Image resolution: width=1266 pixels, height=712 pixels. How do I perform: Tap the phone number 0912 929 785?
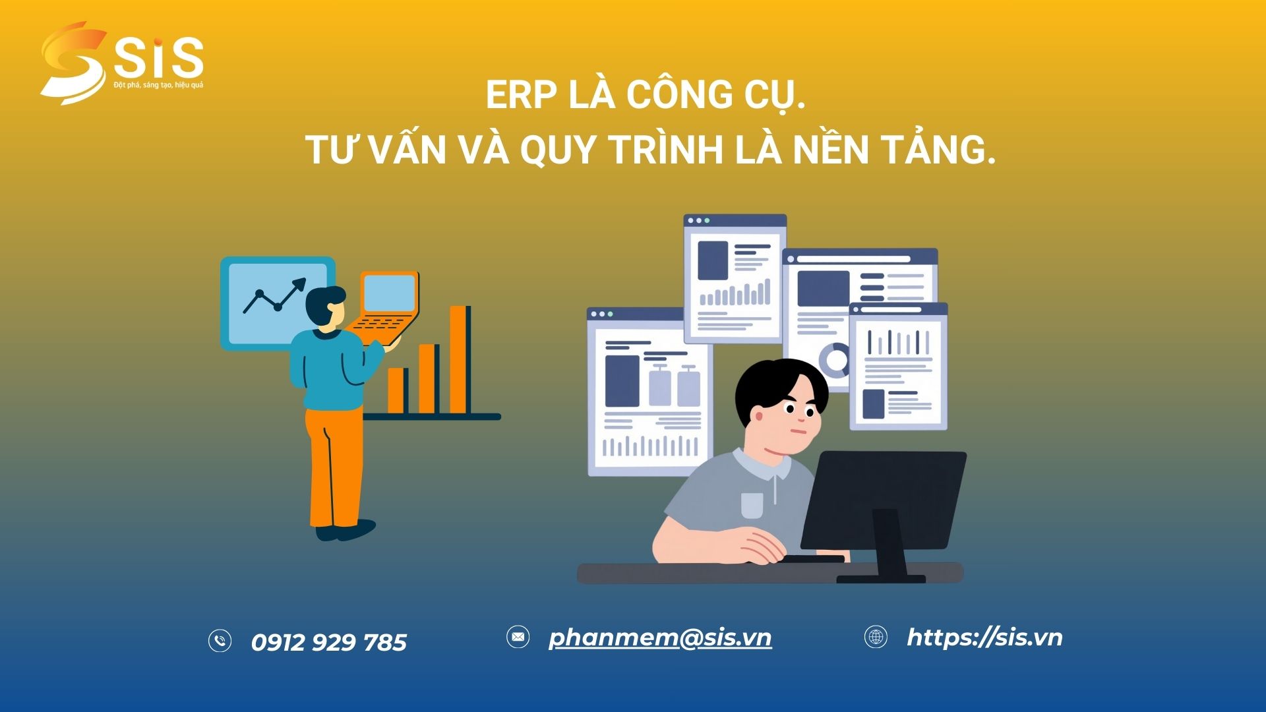(329, 642)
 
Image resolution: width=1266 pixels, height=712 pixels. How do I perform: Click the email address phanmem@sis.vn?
(660, 638)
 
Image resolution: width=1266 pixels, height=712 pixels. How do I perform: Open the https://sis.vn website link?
(984, 638)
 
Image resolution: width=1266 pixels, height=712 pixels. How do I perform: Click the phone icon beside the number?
(220, 641)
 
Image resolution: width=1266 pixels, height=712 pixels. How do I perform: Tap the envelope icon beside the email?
(518, 637)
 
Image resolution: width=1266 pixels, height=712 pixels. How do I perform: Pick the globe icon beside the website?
(876, 637)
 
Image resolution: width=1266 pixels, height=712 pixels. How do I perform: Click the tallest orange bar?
(459, 359)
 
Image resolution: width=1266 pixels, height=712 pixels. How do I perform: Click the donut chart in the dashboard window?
(837, 360)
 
